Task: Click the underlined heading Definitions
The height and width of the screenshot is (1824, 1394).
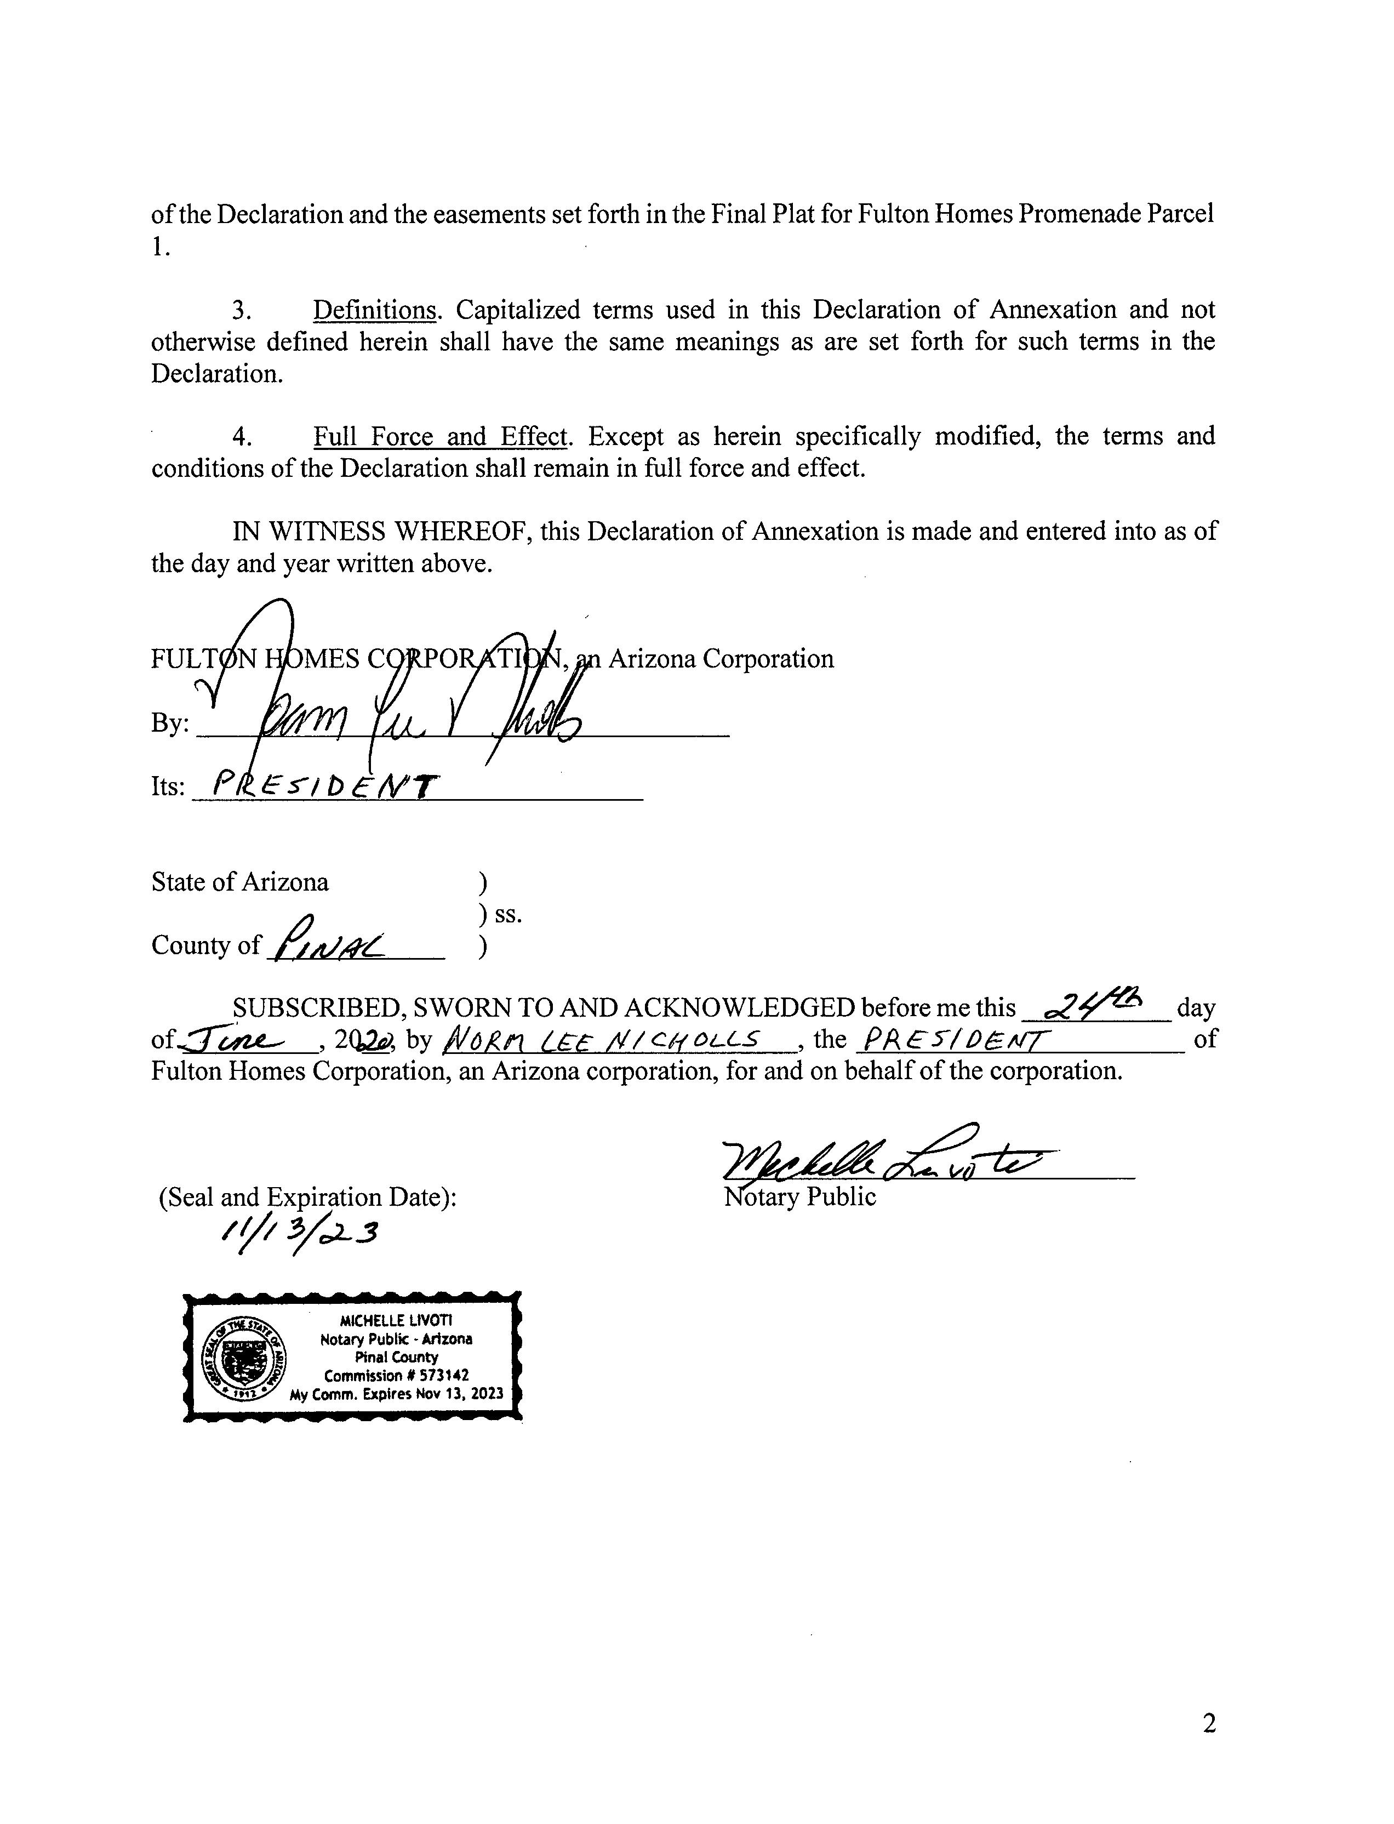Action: tap(374, 310)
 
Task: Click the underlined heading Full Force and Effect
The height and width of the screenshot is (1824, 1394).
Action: tap(440, 436)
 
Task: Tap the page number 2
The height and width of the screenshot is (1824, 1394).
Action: tap(1209, 1724)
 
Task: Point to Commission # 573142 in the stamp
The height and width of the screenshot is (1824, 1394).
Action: tap(397, 1376)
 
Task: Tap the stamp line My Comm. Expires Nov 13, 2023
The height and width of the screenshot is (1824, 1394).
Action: tap(397, 1394)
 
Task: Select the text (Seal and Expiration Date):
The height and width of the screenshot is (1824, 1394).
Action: tap(307, 1198)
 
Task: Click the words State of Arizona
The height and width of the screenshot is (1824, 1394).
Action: tap(240, 881)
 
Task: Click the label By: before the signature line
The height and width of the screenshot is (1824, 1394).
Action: tap(170, 723)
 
